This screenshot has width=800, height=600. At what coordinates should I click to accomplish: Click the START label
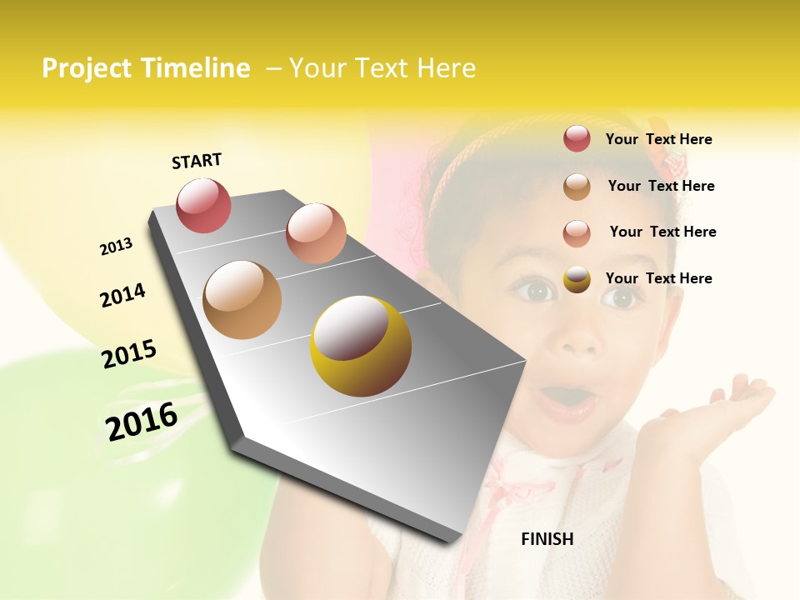(x=197, y=161)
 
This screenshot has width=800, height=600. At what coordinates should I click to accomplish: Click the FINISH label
(x=547, y=539)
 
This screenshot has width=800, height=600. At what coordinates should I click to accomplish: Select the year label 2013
(x=116, y=247)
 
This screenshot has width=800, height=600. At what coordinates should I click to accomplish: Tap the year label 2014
(x=122, y=295)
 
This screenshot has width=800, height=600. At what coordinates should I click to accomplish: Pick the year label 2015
(x=129, y=353)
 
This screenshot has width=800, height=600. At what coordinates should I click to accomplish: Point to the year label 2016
(x=142, y=422)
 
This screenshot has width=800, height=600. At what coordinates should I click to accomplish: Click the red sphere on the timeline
(x=203, y=205)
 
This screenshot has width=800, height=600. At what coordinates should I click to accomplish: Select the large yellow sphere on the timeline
(x=360, y=346)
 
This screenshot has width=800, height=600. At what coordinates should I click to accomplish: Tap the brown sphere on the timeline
(x=242, y=300)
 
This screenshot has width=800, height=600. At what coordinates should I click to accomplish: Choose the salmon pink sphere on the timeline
(x=316, y=233)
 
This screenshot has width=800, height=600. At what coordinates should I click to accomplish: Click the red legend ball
(x=577, y=138)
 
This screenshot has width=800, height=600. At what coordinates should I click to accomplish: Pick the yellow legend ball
(x=577, y=278)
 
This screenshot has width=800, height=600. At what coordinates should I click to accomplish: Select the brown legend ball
(x=577, y=186)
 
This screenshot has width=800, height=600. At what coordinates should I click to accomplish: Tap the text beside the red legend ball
(x=658, y=139)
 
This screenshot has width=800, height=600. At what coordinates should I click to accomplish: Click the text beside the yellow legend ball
(x=658, y=278)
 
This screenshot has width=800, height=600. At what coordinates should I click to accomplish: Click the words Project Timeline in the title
(x=146, y=68)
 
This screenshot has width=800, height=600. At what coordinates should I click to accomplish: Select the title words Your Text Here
(x=382, y=68)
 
